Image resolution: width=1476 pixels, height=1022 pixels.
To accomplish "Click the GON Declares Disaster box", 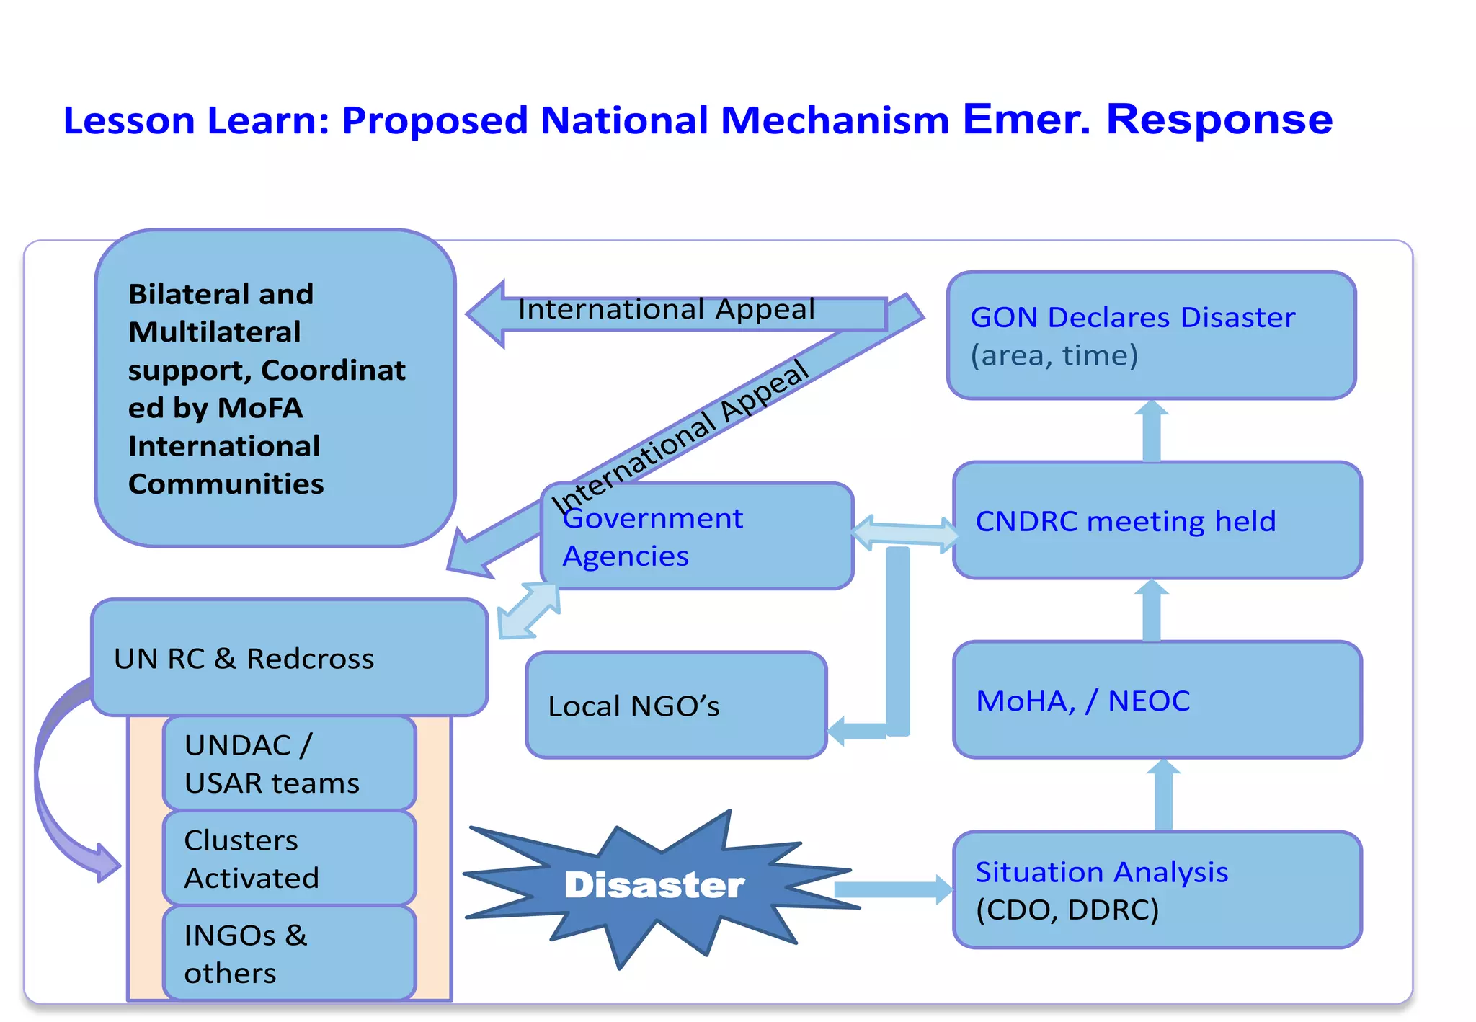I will point(1151,335).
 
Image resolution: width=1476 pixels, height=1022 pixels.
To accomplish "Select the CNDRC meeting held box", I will point(1157,520).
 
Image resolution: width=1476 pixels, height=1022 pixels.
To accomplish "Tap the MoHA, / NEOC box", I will point(1157,700).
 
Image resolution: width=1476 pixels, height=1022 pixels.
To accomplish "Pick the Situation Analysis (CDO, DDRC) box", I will point(1157,889).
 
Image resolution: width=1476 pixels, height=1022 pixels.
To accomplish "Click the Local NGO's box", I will point(676,705).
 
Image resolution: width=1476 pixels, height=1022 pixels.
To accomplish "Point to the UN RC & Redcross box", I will point(289,657).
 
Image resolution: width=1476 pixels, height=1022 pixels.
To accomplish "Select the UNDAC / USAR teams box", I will point(289,763).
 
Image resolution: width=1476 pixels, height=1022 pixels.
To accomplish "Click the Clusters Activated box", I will point(289,858).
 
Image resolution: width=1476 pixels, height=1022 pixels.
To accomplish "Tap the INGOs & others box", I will point(289,953).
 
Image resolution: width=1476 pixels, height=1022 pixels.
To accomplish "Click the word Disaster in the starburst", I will point(654,885).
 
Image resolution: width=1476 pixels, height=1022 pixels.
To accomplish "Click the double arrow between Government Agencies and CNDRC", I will point(904,534).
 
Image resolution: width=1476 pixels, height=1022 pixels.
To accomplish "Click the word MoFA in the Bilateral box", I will point(260,408).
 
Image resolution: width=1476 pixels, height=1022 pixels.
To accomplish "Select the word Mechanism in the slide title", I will point(835,120).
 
